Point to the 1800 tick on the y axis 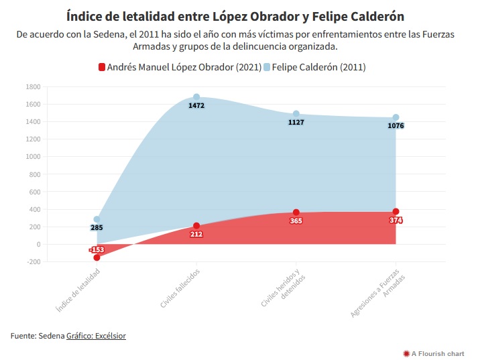[32, 86]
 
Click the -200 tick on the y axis [32, 261]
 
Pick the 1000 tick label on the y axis [32, 157]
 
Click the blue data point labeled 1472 [196, 97]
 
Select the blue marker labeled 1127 [296, 114]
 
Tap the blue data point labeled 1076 [396, 117]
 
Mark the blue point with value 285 [97, 219]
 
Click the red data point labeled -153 [97, 257]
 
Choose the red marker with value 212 [196, 226]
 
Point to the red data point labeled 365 [296, 213]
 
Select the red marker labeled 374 [396, 212]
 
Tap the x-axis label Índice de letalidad [80, 292]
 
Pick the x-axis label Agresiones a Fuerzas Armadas [379, 295]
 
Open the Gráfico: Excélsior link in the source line [96, 335]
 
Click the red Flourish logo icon [406, 353]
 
